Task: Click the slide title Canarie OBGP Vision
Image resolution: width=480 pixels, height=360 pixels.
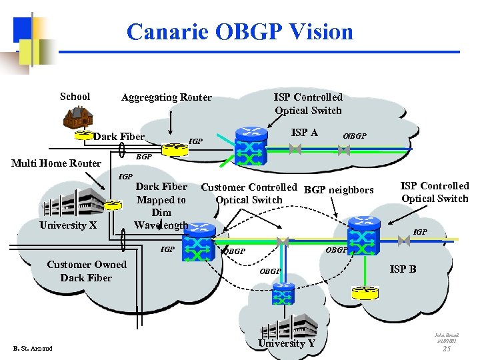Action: coord(239,32)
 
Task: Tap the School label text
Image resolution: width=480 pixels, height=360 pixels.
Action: coord(75,97)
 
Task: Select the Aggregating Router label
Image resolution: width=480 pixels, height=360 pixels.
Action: coord(166,97)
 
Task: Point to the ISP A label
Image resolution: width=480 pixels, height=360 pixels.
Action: coord(305,133)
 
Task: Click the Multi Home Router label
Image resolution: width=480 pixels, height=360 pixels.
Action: coord(57,163)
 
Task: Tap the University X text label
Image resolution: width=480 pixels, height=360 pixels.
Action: coord(68,225)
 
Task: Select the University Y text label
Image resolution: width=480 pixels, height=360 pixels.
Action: coord(287,343)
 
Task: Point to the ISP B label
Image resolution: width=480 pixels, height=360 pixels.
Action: coord(403,269)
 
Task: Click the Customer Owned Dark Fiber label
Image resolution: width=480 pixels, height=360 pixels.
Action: coord(86,271)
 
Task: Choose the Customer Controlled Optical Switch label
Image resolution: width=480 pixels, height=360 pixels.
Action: coord(249,193)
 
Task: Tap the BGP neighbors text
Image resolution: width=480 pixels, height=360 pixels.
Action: coord(339,190)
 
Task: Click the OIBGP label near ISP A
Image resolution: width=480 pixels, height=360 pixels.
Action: coord(354,136)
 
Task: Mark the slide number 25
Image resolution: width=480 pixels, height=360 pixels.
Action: coord(447,349)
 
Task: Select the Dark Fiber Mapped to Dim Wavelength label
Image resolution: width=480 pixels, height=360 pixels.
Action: coord(161,206)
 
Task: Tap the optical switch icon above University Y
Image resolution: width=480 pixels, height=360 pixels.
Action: coord(284,293)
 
